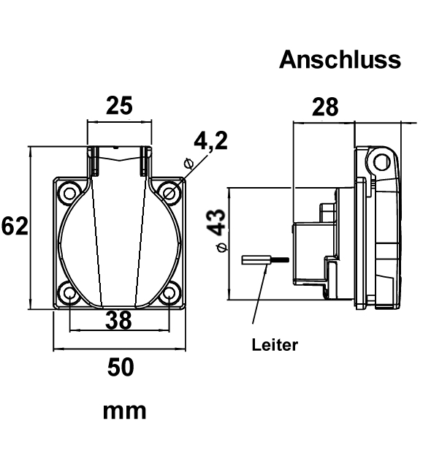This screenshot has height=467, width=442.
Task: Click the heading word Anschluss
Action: click(x=340, y=60)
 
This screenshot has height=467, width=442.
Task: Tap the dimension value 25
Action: click(x=119, y=106)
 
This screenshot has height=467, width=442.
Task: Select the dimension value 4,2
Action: click(x=211, y=140)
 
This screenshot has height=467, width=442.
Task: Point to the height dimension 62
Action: click(x=15, y=227)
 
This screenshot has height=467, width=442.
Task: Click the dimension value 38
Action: click(x=118, y=319)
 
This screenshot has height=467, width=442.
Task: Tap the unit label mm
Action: click(x=124, y=411)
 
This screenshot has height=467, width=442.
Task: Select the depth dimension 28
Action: click(x=325, y=107)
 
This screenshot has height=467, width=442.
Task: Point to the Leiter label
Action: click(x=275, y=345)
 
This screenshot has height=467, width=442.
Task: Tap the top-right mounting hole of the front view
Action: click(x=169, y=193)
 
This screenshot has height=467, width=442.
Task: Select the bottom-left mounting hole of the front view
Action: click(x=69, y=294)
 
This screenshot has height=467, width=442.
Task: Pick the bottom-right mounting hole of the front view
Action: click(x=169, y=294)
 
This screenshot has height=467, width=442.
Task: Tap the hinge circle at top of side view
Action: click(x=378, y=159)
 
